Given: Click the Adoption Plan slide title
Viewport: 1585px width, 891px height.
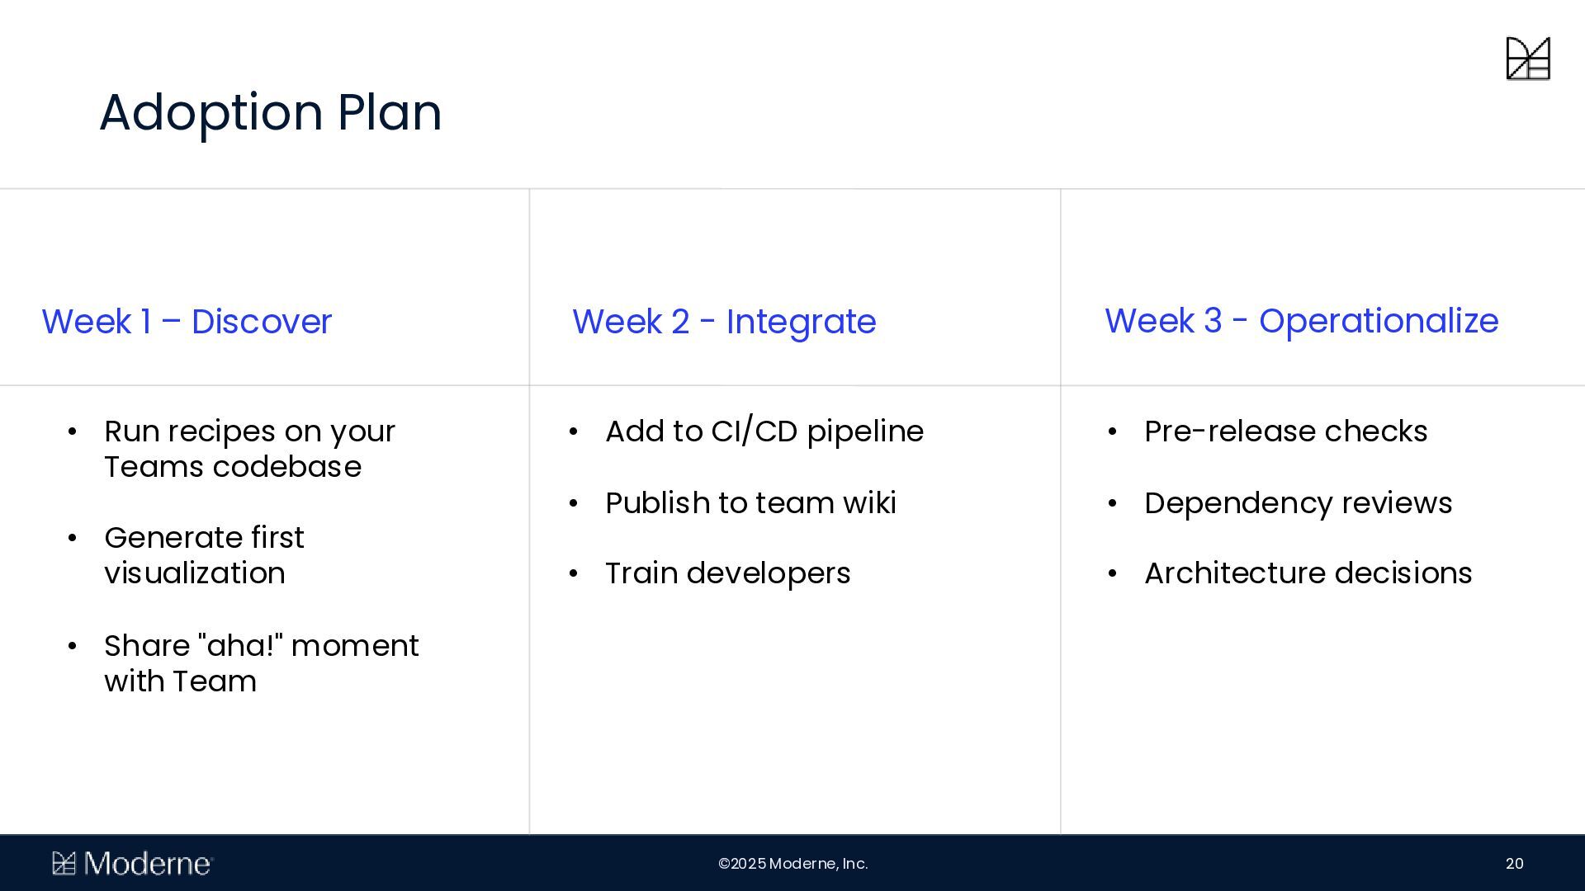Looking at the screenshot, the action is (x=271, y=112).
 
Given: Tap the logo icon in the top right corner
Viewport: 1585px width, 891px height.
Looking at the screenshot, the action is (x=1528, y=59).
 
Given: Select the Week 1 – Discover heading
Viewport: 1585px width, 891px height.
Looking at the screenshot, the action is (x=187, y=322).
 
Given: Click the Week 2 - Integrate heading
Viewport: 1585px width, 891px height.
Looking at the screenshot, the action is (x=724, y=322).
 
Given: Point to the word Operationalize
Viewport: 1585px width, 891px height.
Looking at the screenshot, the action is (x=1379, y=322).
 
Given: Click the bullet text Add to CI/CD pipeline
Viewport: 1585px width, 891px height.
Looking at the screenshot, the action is (x=764, y=431).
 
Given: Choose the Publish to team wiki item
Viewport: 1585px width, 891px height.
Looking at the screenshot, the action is (x=750, y=503).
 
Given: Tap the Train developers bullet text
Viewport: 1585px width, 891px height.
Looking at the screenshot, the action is (x=727, y=573).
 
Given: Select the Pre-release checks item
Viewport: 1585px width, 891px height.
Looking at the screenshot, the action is (x=1285, y=431).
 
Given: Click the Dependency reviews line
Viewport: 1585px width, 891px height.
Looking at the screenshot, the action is (x=1298, y=503).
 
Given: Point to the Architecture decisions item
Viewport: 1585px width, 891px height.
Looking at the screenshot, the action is (x=1308, y=573).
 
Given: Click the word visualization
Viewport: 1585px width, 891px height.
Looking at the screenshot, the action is (x=195, y=573).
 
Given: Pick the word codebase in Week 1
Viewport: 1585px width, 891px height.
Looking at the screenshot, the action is (x=286, y=467).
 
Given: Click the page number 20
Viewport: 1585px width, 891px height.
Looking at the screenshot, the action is (x=1514, y=864).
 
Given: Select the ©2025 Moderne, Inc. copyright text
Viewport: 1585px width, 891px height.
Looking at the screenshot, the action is (x=792, y=864).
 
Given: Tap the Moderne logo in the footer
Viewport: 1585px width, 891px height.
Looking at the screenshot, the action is (x=133, y=864).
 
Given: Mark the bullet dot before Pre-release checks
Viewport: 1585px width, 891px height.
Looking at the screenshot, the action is (x=1112, y=432).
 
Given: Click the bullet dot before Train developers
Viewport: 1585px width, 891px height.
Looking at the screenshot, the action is (x=574, y=574).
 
